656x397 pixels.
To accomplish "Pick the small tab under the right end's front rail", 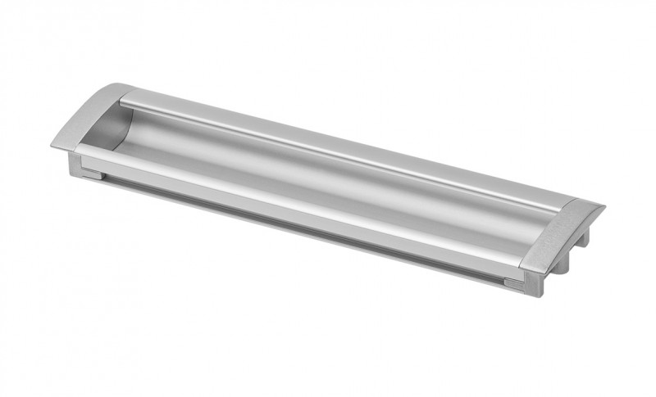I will (x=513, y=283).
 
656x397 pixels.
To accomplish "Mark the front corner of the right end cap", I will (x=525, y=268).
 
